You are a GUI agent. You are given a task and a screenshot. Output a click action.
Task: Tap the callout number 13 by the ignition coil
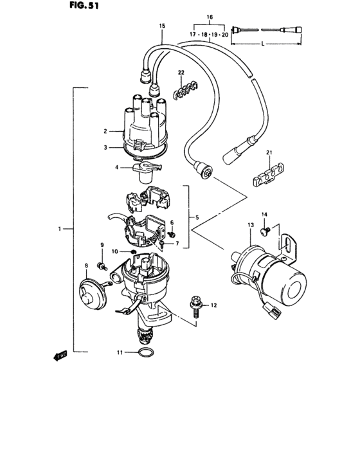pos(251,224)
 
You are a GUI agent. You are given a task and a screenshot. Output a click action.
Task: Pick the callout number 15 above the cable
pos(162,25)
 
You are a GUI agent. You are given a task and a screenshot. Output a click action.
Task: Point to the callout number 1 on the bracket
pos(59,228)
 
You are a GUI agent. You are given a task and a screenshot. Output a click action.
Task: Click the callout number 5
pos(197,218)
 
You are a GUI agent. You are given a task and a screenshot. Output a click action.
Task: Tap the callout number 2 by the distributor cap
pos(103,131)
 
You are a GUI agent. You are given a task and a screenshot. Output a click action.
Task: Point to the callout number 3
pos(103,147)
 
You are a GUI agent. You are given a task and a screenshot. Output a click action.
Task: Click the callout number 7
pos(178,244)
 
